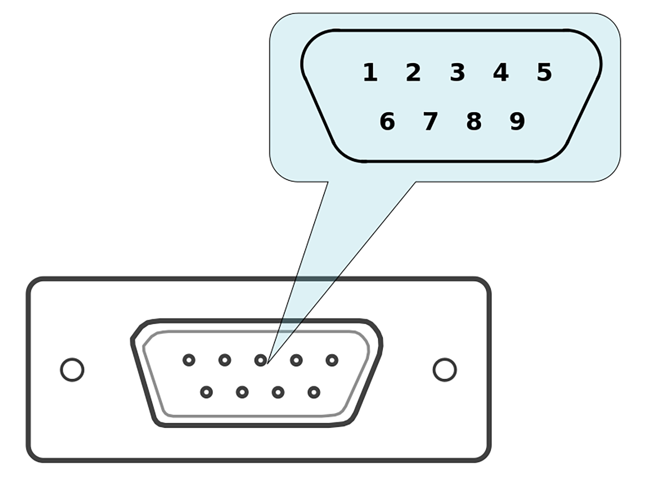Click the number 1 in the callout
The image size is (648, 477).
(370, 73)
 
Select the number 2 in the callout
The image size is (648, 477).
(413, 73)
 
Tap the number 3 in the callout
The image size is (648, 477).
(457, 73)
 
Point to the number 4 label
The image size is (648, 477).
(501, 73)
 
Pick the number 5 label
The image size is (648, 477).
(544, 73)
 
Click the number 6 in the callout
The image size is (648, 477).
(387, 121)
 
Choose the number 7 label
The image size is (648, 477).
(430, 121)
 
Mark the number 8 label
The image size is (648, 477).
(474, 121)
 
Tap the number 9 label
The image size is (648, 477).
(517, 121)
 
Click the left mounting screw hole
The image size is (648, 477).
(72, 369)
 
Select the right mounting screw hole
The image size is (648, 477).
(445, 369)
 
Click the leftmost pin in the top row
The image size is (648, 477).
(189, 360)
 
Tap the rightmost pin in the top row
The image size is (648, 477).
(332, 360)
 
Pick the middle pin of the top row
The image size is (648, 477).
(260, 360)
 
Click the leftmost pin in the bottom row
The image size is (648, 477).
(206, 392)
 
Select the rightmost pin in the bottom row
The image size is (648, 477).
(314, 392)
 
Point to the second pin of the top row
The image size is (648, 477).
(225, 360)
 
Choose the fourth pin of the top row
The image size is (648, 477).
(296, 360)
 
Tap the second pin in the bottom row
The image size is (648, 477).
(242, 392)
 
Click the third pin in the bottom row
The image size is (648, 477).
(278, 392)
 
